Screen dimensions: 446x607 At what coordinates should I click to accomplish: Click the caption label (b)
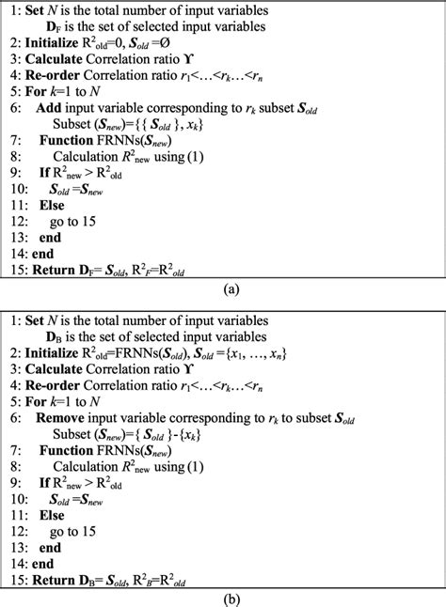click(x=223, y=597)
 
